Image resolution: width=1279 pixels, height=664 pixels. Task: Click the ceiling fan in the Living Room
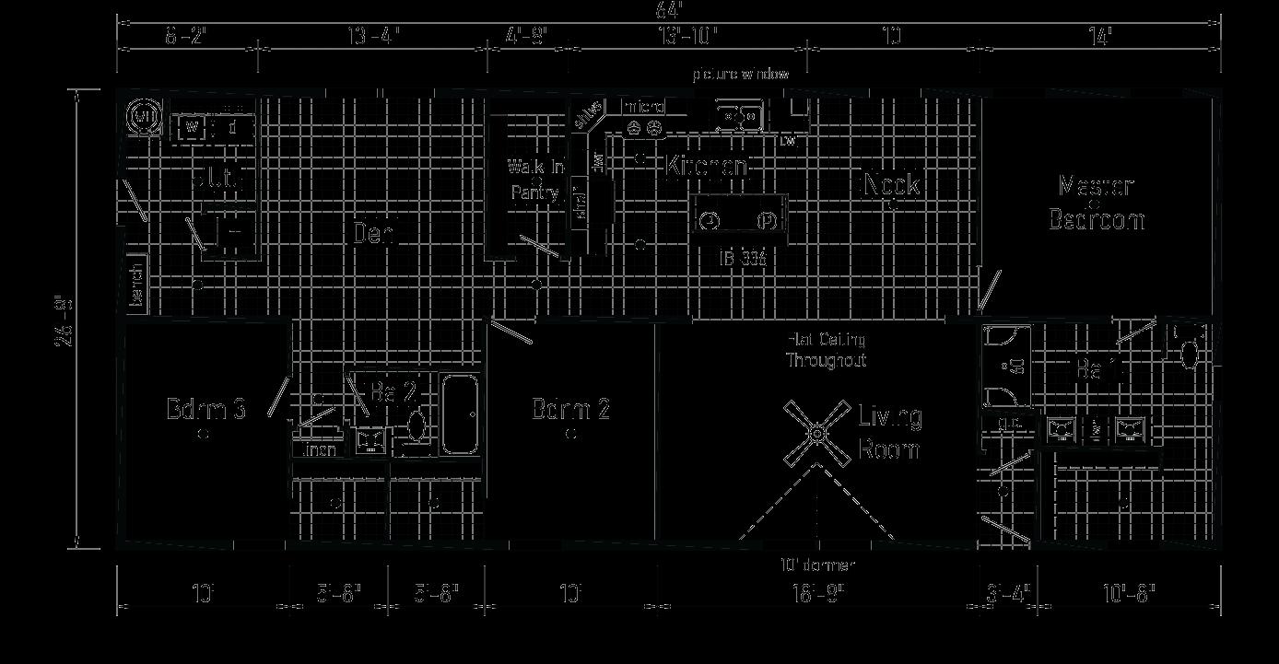(x=817, y=433)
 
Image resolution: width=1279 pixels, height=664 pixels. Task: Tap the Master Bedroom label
(x=1097, y=204)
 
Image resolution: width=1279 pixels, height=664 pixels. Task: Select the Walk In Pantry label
(x=535, y=180)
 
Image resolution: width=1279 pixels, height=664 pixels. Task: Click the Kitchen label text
(x=707, y=167)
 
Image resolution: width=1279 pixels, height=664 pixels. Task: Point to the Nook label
(x=890, y=184)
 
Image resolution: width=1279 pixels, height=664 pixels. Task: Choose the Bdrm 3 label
(x=205, y=409)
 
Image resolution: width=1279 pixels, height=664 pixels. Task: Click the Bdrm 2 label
(x=570, y=409)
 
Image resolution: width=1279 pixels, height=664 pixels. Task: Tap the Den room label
(x=374, y=234)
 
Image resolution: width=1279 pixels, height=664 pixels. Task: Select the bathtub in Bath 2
(x=461, y=415)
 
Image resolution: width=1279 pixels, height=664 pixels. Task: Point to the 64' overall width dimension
(x=669, y=11)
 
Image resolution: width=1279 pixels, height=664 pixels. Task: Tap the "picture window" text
(x=741, y=74)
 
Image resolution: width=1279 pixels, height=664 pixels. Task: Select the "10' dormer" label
(x=817, y=565)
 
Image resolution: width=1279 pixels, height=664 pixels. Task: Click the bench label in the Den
(x=136, y=285)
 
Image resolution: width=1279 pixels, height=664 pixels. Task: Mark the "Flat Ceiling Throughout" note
(x=826, y=350)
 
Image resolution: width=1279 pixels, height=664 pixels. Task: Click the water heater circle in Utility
(x=143, y=117)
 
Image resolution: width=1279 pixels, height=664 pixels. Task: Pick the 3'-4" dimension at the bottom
(x=1008, y=592)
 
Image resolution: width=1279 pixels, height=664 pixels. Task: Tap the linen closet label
(x=318, y=450)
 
